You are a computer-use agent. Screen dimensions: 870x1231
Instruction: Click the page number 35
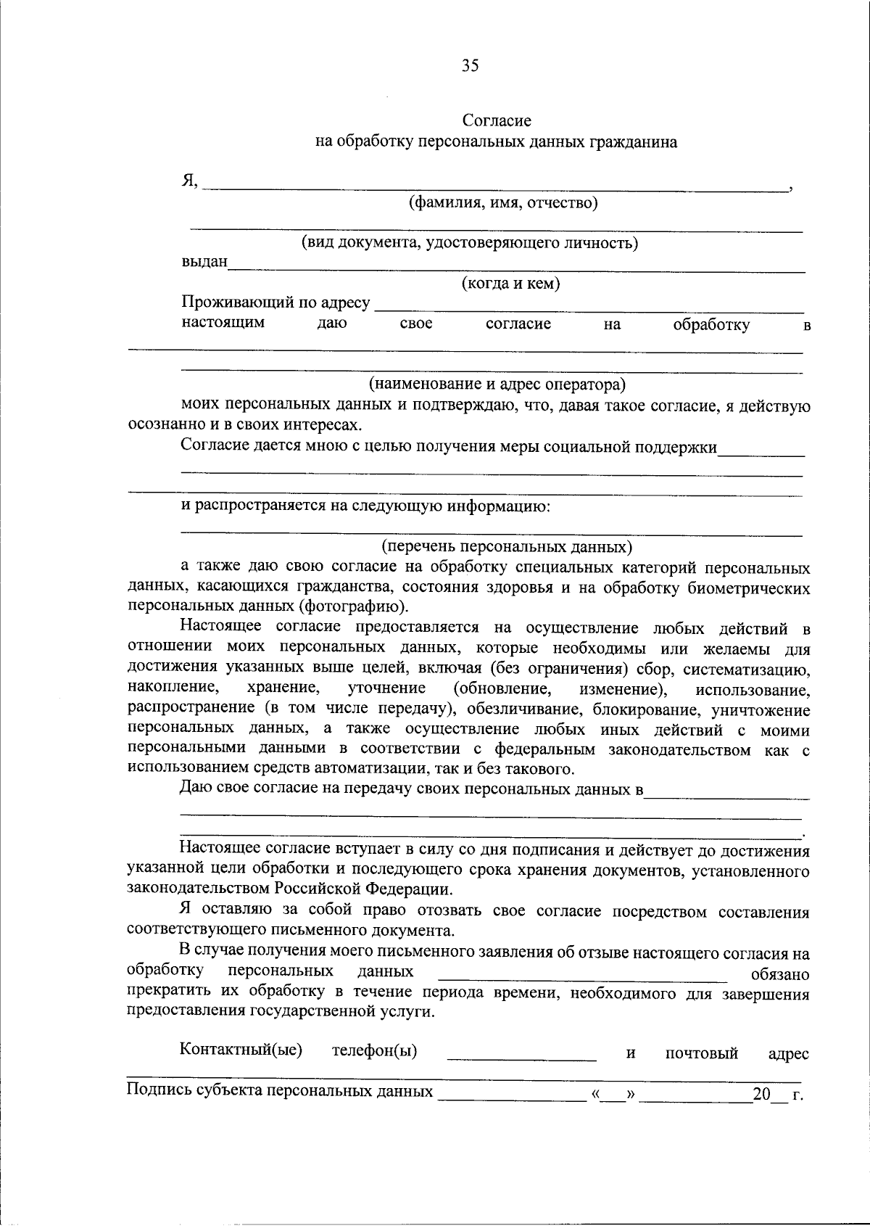click(470, 66)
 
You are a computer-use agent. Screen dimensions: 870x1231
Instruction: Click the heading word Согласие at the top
click(497, 120)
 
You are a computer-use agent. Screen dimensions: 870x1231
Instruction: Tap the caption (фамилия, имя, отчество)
click(503, 203)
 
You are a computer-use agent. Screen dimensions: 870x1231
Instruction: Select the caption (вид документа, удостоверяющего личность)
click(470, 243)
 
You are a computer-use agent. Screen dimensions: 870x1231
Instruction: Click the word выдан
click(204, 262)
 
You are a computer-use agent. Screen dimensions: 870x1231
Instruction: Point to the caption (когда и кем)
click(510, 284)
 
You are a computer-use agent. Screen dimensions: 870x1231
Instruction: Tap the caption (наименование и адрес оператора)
click(497, 384)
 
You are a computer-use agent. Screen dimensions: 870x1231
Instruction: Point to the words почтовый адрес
click(736, 1053)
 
